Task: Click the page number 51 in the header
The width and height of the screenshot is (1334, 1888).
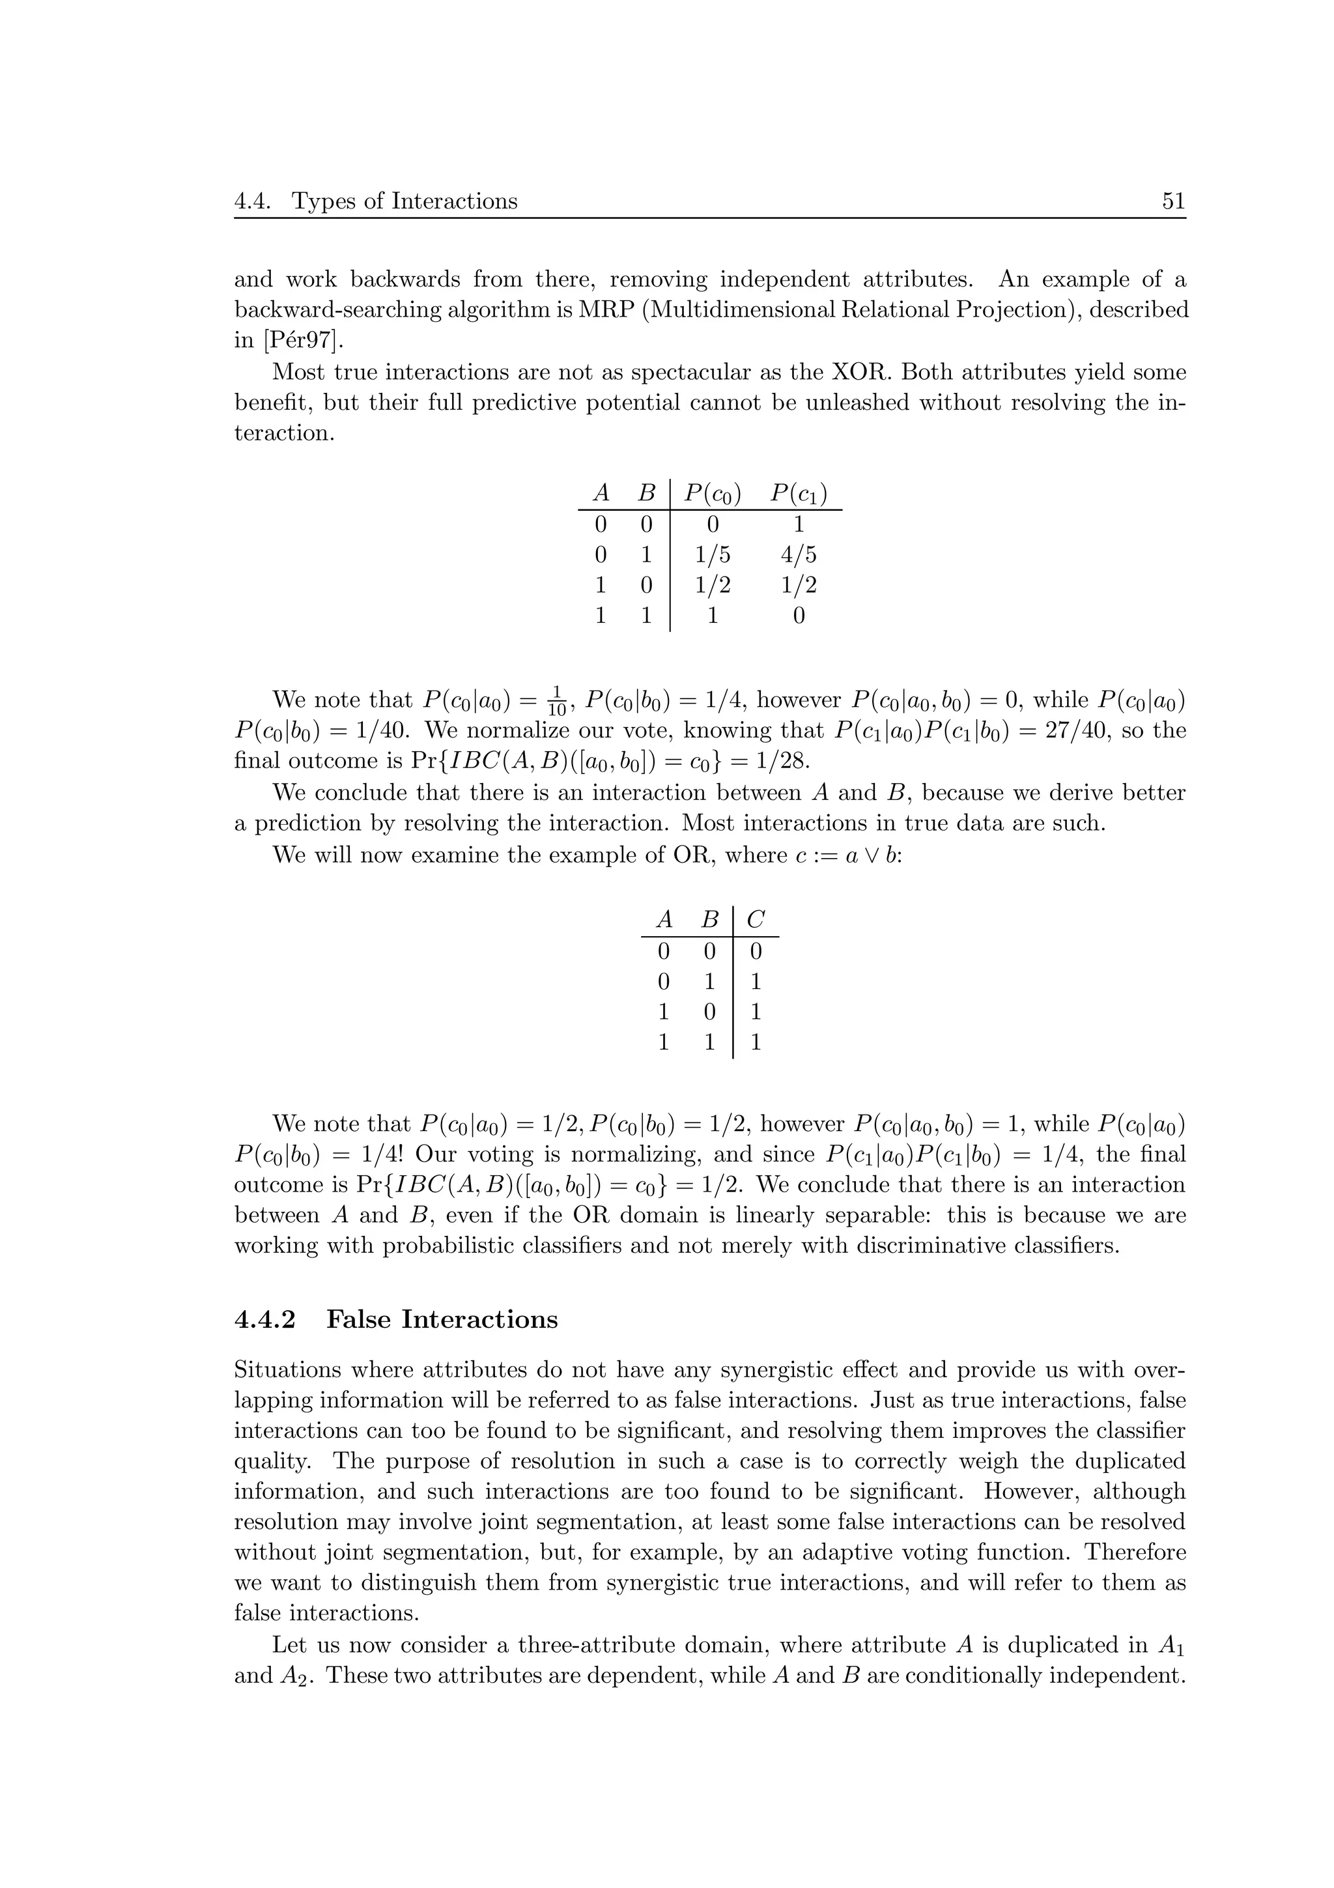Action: coord(1173,201)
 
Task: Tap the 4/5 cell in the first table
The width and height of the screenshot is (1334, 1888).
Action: coord(798,555)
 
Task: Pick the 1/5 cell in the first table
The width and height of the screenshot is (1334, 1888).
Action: coord(712,555)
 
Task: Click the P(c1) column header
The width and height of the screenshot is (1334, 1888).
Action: coord(798,493)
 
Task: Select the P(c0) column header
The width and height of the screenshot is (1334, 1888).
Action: coord(713,493)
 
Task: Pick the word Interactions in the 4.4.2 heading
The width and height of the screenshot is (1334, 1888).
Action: coord(479,1319)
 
